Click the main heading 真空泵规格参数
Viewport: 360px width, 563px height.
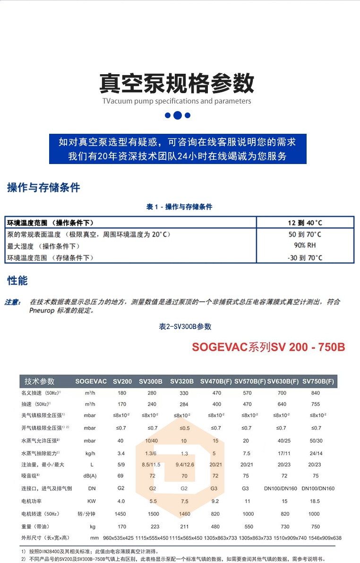point(177,83)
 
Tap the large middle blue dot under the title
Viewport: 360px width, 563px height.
point(177,115)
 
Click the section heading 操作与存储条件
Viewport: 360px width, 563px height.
point(43,188)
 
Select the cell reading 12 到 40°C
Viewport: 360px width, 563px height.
point(305,223)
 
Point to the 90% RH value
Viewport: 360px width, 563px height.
point(305,245)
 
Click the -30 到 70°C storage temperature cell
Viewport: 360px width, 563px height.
point(305,258)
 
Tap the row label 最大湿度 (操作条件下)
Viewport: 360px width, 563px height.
point(43,246)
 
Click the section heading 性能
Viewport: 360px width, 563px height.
point(17,281)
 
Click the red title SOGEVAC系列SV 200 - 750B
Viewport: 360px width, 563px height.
point(268,347)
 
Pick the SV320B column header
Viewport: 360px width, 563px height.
point(182,381)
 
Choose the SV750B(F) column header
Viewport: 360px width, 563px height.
point(318,381)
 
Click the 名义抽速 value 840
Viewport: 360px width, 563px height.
point(315,393)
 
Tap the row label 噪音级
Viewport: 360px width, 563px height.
point(30,476)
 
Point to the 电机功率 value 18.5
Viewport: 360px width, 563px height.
point(315,501)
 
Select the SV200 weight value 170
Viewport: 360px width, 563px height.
point(121,526)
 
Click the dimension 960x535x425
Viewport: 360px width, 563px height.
point(119,538)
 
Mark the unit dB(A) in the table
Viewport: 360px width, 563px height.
point(90,476)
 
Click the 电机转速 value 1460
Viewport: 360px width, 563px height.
point(184,514)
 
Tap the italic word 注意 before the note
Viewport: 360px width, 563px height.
point(13,302)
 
